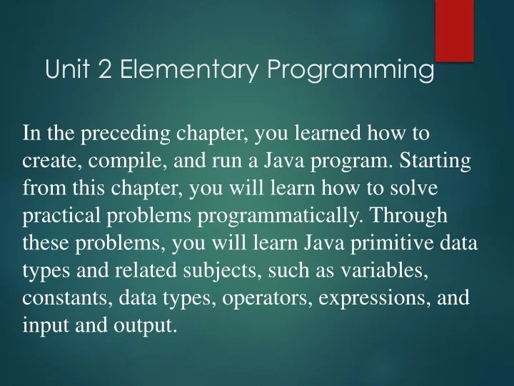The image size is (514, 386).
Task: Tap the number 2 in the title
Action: (106, 70)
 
